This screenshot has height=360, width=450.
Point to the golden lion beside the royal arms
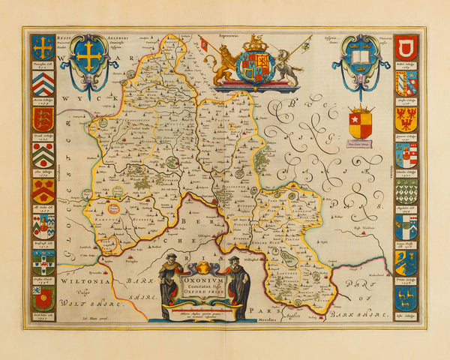click(x=224, y=66)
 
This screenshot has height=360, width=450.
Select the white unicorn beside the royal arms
click(x=283, y=65)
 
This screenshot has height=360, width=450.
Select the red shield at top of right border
click(x=406, y=46)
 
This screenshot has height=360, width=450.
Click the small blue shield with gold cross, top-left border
click(x=42, y=46)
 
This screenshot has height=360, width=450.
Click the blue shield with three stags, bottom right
click(x=406, y=298)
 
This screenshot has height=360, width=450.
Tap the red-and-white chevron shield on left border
click(x=42, y=82)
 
